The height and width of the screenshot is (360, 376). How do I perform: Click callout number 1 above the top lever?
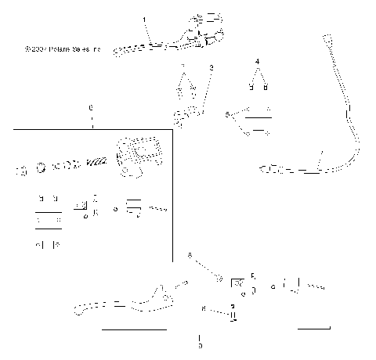(144, 18)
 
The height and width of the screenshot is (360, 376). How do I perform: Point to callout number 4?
(257, 60)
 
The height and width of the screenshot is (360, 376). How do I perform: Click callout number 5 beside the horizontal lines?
(227, 114)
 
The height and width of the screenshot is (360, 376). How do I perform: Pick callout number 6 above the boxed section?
(91, 106)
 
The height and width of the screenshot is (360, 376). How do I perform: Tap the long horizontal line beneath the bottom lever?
(134, 329)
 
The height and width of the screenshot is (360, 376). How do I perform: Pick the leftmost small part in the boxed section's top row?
(21, 167)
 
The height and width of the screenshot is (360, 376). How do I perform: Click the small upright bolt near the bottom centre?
(233, 315)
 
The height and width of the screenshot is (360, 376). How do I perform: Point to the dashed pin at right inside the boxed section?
(160, 209)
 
